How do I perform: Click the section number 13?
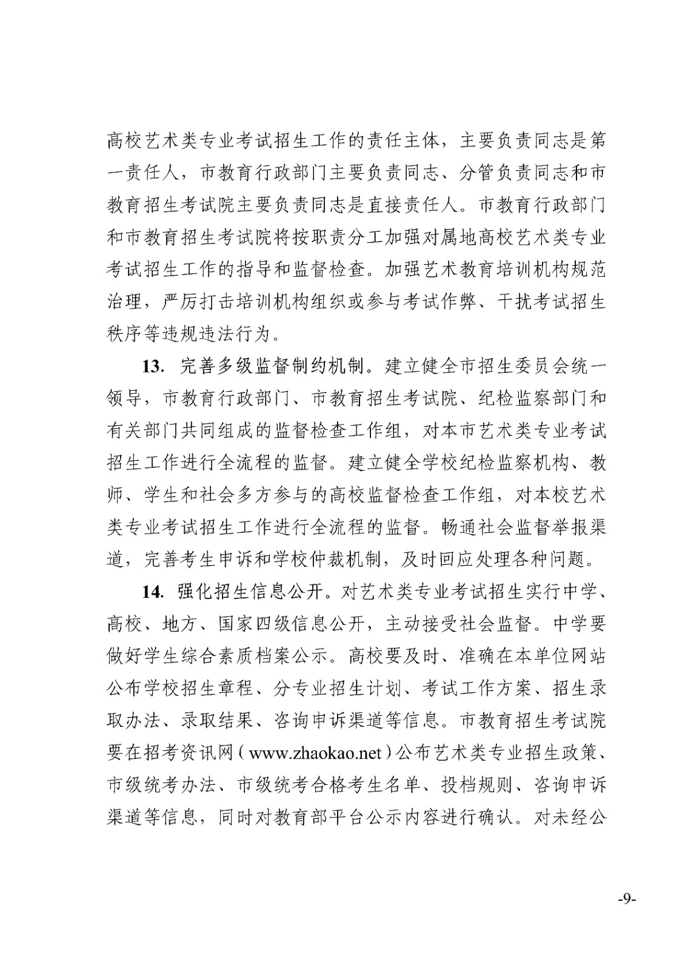[x=152, y=366]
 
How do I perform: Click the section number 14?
[x=152, y=591]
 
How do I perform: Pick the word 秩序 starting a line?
[x=125, y=334]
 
